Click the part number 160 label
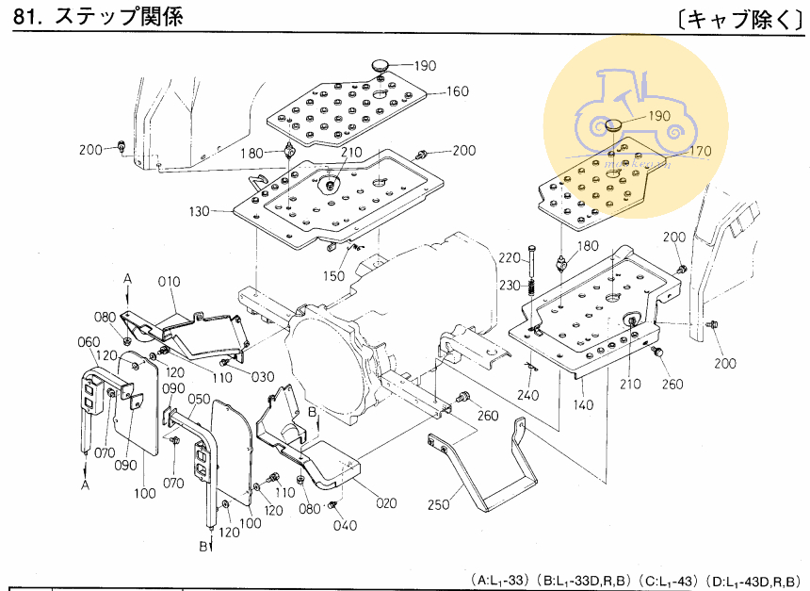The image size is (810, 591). (458, 92)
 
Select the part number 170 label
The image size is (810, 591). (700, 149)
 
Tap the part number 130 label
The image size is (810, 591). (199, 212)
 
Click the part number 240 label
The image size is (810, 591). (527, 394)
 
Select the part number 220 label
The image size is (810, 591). (510, 258)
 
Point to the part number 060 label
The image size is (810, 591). (89, 341)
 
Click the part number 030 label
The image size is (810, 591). (263, 377)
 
